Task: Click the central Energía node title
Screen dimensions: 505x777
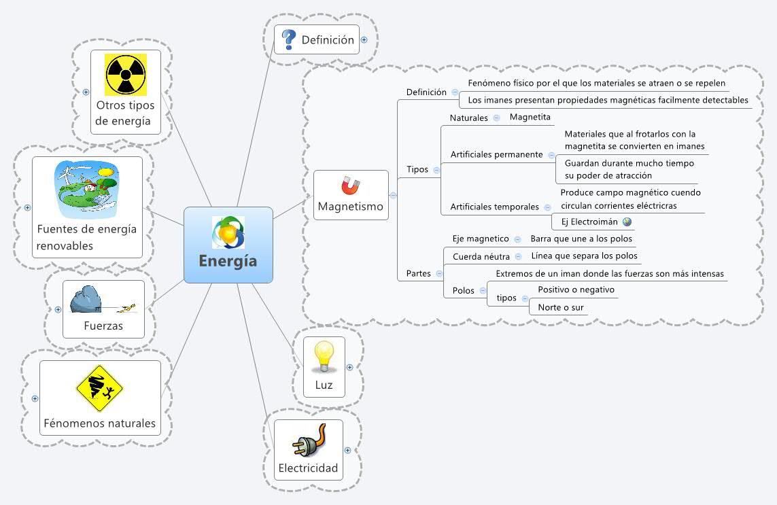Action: click(228, 261)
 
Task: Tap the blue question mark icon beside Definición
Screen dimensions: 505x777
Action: click(290, 39)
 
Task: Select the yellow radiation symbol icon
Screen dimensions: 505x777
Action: click(126, 74)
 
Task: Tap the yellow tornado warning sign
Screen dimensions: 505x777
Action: click(99, 388)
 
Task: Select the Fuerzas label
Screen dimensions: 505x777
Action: click(103, 326)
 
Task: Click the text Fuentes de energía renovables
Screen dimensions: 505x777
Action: click(86, 237)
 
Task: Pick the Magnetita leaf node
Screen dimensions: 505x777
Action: click(530, 118)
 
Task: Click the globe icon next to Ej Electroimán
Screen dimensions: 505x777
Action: click(627, 222)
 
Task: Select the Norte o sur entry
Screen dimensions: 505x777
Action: click(560, 307)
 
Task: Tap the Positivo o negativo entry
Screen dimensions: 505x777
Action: click(576, 290)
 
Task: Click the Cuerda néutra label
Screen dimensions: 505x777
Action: click(476, 256)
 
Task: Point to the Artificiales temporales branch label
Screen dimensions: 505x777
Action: click(494, 207)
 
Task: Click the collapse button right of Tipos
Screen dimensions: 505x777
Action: click(436, 170)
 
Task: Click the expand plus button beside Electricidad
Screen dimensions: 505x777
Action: click(348, 450)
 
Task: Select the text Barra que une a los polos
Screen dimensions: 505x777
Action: click(581, 239)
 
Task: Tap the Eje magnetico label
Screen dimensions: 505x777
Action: click(480, 239)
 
